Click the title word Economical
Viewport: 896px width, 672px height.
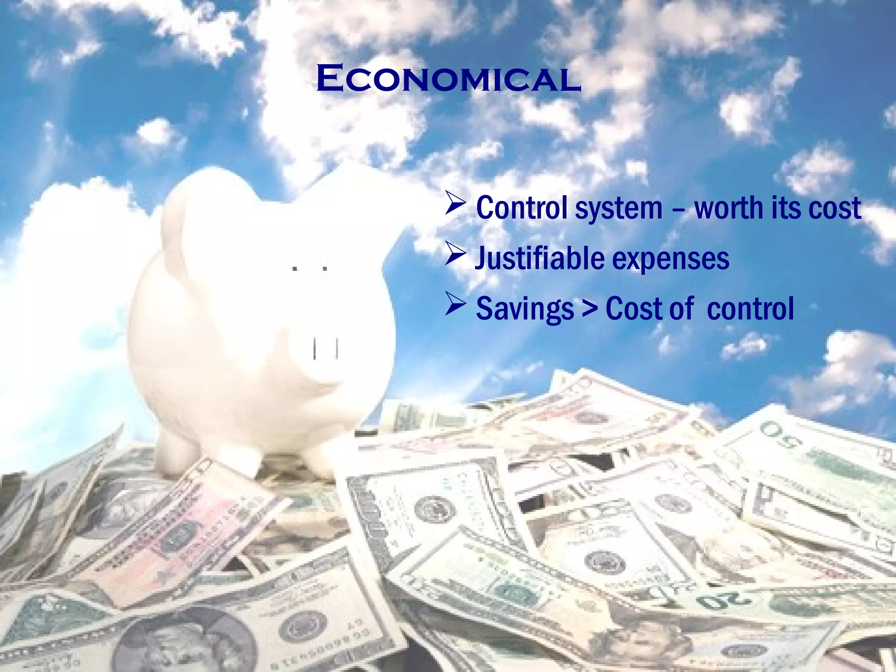click(448, 79)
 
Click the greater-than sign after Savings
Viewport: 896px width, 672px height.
click(589, 308)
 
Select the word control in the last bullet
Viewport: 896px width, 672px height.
click(750, 309)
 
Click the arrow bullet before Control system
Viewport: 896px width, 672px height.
click(455, 204)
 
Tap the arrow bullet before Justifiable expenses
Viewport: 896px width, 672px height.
click(455, 255)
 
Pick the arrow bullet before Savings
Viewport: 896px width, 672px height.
click(455, 305)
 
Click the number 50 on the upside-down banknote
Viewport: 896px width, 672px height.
click(783, 437)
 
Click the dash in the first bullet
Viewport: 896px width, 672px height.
click(678, 209)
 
